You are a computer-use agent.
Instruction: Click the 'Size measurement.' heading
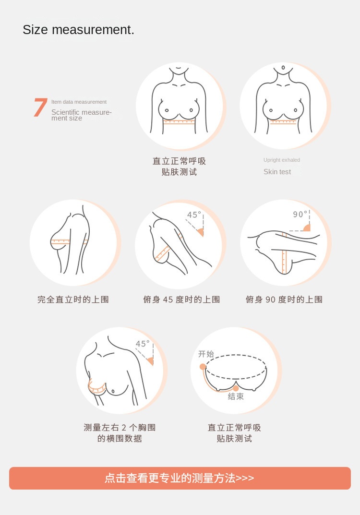(x=79, y=30)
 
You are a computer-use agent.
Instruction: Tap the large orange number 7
(x=40, y=108)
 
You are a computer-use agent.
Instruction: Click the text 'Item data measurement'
(x=79, y=102)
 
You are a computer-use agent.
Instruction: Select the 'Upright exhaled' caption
(x=281, y=160)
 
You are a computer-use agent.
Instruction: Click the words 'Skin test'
(x=277, y=172)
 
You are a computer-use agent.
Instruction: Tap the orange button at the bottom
(x=180, y=478)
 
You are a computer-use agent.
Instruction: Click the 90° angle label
(x=300, y=214)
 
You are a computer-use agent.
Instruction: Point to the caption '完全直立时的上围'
(x=73, y=299)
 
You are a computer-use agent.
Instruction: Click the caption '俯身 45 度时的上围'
(x=181, y=299)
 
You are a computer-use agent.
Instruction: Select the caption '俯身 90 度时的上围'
(x=284, y=299)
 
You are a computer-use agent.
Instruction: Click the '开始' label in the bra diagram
(x=206, y=354)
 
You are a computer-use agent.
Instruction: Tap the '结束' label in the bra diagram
(x=236, y=396)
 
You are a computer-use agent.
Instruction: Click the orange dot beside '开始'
(x=203, y=367)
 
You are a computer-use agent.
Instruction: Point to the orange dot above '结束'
(x=236, y=389)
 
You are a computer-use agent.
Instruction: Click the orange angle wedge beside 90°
(x=307, y=228)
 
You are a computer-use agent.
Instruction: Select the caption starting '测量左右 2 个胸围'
(x=120, y=433)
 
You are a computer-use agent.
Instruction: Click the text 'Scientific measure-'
(x=82, y=112)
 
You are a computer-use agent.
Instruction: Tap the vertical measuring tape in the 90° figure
(x=285, y=253)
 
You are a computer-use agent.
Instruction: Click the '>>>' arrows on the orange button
(x=245, y=478)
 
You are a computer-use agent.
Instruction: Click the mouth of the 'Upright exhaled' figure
(x=283, y=68)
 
